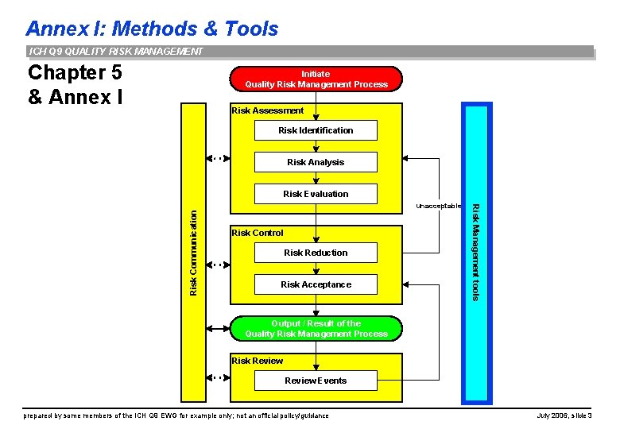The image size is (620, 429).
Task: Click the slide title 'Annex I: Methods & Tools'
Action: pyautogui.click(x=152, y=29)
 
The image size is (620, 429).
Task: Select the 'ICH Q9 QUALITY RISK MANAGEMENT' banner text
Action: pyautogui.click(x=116, y=52)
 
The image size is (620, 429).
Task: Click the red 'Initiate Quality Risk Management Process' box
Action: pyautogui.click(x=316, y=79)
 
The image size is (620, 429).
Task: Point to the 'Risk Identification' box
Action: pyautogui.click(x=316, y=130)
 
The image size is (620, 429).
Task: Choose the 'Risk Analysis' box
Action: pyautogui.click(x=316, y=162)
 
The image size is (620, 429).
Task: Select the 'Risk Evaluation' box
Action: pyautogui.click(x=316, y=194)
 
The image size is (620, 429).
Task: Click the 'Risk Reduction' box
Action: pyautogui.click(x=316, y=253)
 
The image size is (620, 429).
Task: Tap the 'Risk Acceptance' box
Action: pyautogui.click(x=316, y=284)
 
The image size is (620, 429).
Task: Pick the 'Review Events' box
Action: pyautogui.click(x=316, y=381)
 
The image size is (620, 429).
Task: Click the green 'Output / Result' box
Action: pyautogui.click(x=316, y=329)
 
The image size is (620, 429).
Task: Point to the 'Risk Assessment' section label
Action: pyautogui.click(x=267, y=110)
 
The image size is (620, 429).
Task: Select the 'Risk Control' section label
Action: pyautogui.click(x=257, y=233)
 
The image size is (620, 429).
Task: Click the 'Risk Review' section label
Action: pyautogui.click(x=257, y=361)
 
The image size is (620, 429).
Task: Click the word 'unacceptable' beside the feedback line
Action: pyautogui.click(x=438, y=206)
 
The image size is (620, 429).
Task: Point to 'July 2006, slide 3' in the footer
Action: pyautogui.click(x=570, y=415)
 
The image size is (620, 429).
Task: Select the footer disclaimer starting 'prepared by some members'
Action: pyautogui.click(x=176, y=415)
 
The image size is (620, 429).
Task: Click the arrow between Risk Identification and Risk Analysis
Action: pyautogui.click(x=316, y=146)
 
